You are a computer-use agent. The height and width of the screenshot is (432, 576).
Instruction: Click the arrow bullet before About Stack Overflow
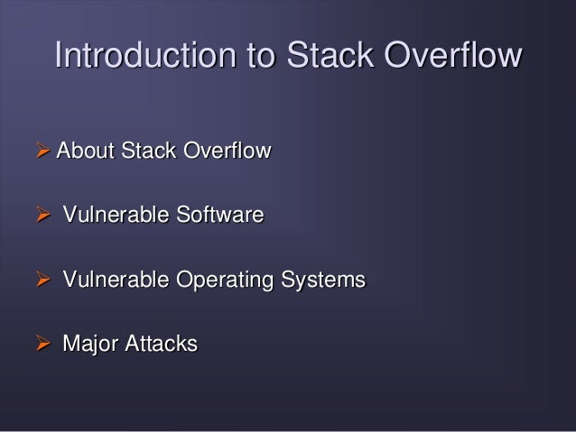[x=42, y=151]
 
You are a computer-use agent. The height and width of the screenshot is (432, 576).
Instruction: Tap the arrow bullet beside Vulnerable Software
[x=42, y=216]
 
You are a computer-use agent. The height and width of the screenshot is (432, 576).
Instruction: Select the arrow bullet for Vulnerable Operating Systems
[x=42, y=280]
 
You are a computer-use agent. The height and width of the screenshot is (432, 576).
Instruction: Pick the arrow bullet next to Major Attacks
[x=42, y=345]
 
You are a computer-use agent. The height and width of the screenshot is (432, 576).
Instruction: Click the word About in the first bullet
[x=82, y=151]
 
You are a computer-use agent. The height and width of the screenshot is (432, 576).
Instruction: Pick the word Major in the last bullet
[x=88, y=345]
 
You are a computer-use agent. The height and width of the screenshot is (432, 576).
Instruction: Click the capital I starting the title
[x=59, y=56]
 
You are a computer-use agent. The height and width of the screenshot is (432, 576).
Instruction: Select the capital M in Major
[x=70, y=345]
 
